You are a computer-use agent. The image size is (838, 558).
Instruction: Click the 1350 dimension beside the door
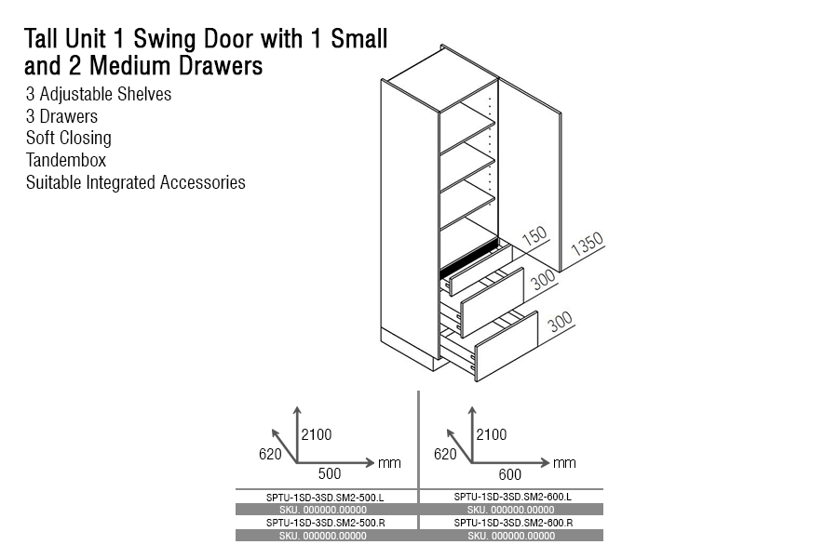pos(587,245)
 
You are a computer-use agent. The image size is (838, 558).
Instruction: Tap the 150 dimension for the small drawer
pos(534,235)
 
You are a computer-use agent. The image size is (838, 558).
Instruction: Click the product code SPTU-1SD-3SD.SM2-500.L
pos(325,498)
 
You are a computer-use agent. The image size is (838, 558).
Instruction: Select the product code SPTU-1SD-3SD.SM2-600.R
pos(513,523)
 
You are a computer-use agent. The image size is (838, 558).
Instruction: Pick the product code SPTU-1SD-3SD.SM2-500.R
pos(326,523)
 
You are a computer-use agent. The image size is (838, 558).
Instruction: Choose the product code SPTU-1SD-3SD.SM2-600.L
pos(512,497)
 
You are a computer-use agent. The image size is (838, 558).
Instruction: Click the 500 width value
pos(330,473)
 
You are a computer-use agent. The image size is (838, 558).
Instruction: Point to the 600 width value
pos(510,474)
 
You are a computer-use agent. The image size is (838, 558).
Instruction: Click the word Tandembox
pos(66,160)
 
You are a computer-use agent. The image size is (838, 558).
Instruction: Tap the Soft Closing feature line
pos(68,138)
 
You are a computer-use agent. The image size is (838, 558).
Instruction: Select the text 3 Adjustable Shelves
pos(99,94)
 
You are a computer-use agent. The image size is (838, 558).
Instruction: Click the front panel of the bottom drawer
pos(507,346)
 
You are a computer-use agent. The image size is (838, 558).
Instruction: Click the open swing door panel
pos(530,175)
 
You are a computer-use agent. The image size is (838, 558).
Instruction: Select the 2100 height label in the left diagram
pos(317,434)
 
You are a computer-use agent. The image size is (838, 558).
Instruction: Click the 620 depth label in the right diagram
pos(445,455)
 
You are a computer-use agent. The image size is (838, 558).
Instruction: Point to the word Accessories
pos(203,182)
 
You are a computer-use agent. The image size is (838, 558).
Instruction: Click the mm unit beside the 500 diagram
pos(389,463)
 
